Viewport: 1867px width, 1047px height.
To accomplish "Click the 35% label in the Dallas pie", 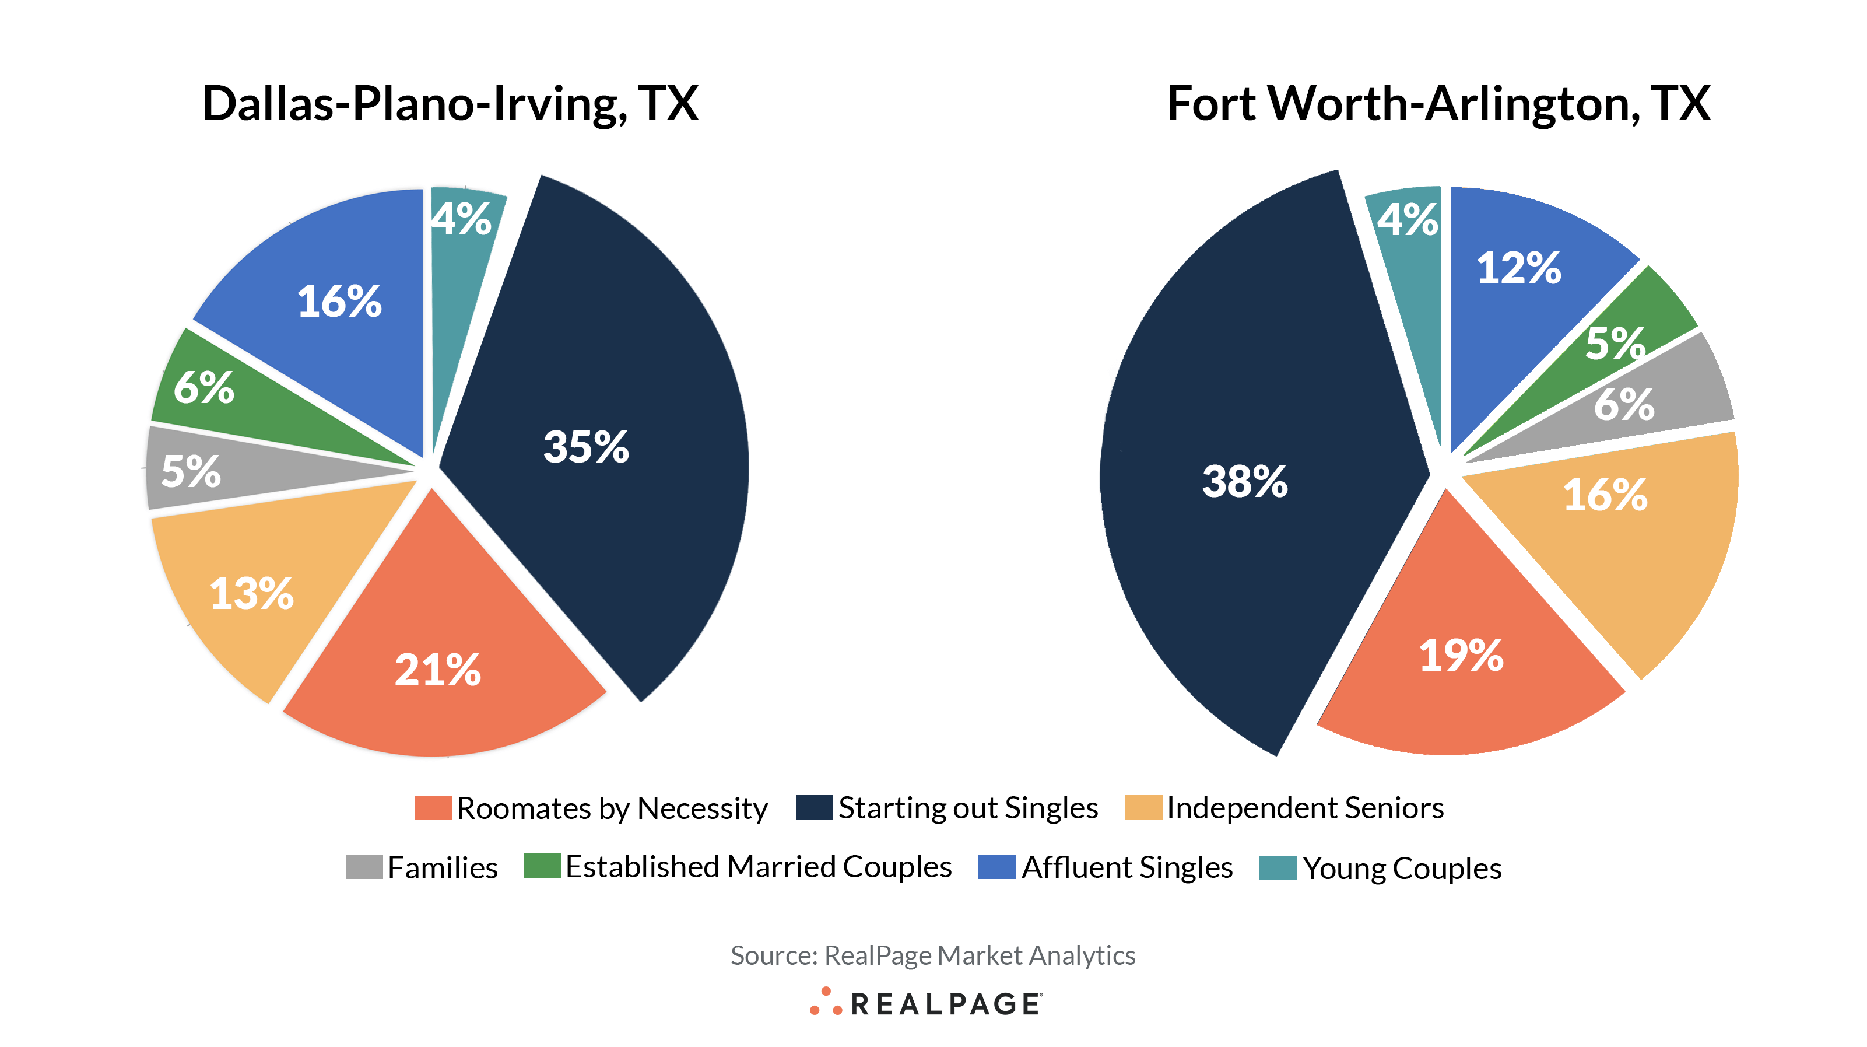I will pyautogui.click(x=585, y=447).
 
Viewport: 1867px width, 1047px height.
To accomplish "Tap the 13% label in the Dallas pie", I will pyautogui.click(x=251, y=593).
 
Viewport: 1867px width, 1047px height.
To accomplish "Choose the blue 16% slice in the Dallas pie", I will pyautogui.click(x=339, y=301).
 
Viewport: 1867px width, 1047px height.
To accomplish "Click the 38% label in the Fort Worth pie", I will pyautogui.click(x=1244, y=481).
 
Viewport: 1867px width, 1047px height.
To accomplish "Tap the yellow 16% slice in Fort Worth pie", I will pyautogui.click(x=1605, y=495).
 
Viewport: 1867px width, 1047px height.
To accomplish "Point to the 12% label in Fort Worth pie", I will pyautogui.click(x=1518, y=268).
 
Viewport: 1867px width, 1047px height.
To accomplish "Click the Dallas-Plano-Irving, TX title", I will pyautogui.click(x=450, y=103).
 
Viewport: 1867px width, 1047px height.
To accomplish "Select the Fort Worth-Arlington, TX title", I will pyautogui.click(x=1438, y=103).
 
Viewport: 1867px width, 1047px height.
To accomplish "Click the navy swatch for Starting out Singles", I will pyautogui.click(x=813, y=807).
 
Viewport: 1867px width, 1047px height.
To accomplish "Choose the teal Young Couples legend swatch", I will pyautogui.click(x=1277, y=867).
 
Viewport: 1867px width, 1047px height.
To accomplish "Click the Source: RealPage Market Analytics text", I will pyautogui.click(x=933, y=955).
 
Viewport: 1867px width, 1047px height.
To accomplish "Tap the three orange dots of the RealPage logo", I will pyautogui.click(x=826, y=1002).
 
